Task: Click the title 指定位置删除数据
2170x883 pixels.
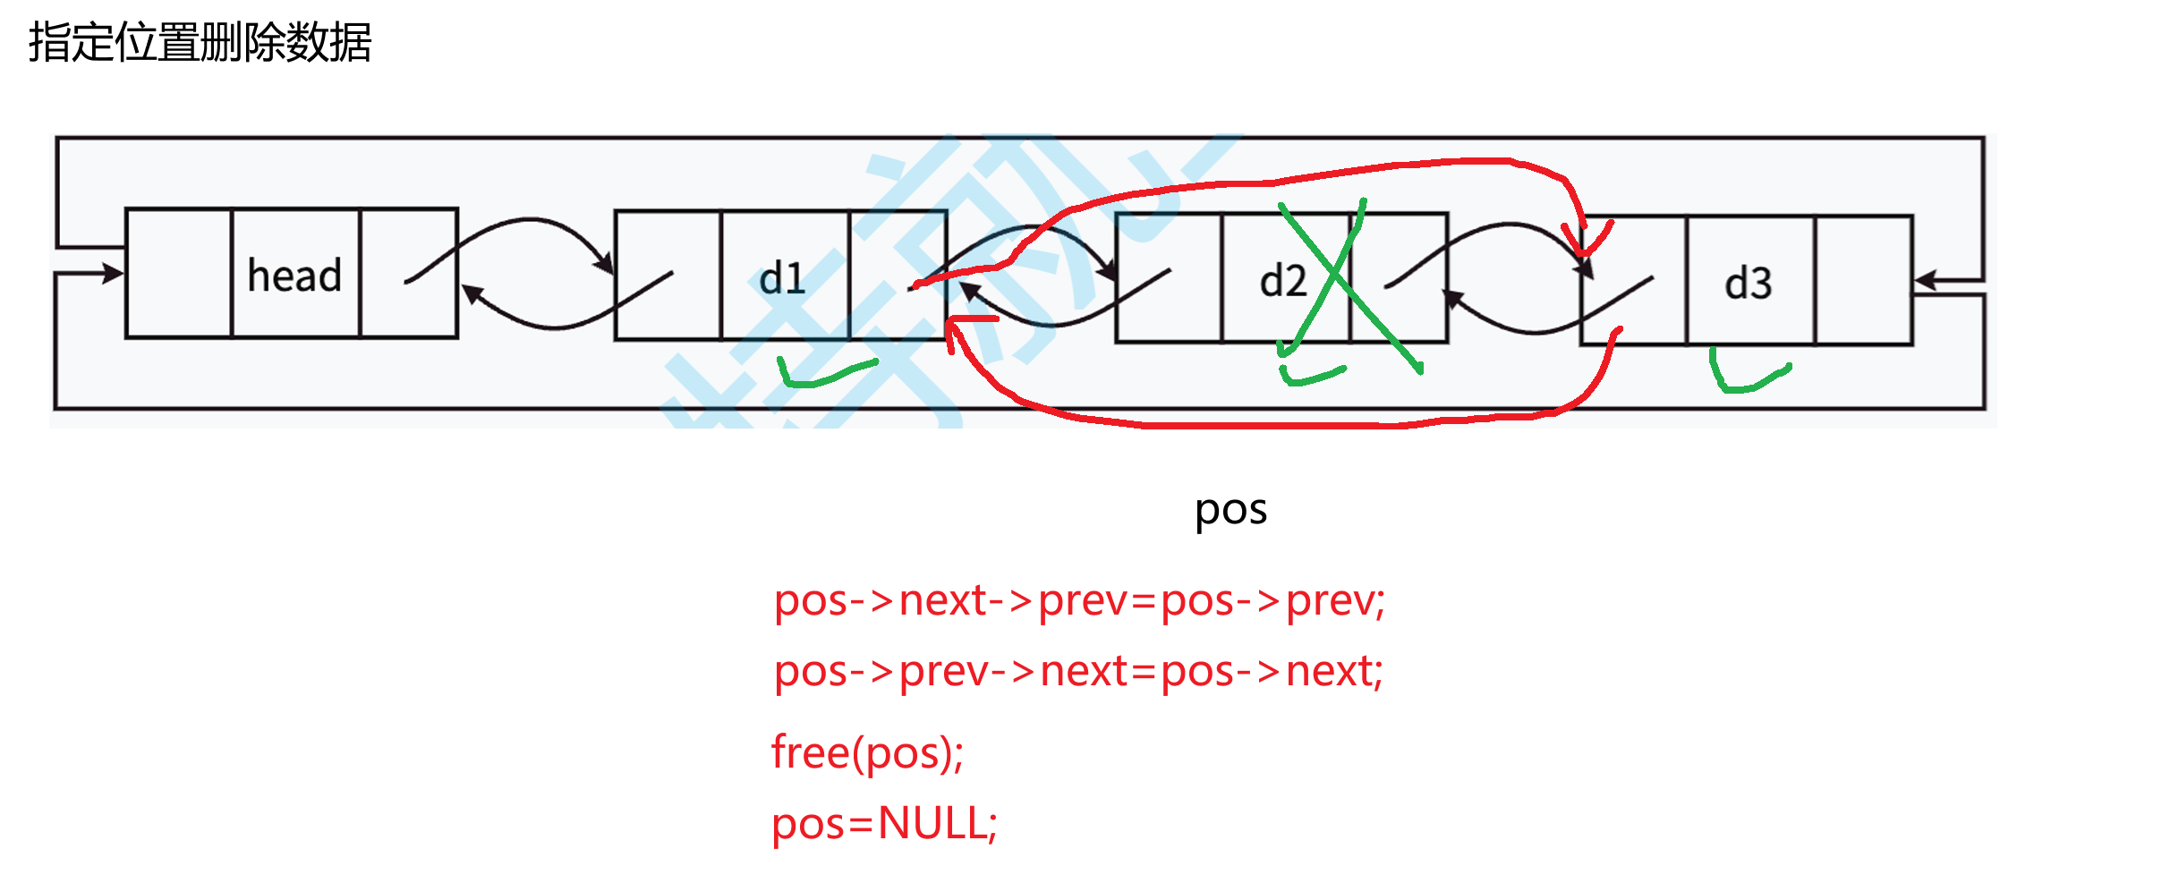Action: [x=200, y=42]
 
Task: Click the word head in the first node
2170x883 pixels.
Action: [x=294, y=276]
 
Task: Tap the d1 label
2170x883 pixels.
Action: [x=782, y=278]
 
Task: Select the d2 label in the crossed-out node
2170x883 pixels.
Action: [x=1282, y=281]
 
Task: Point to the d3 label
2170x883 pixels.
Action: [x=1748, y=284]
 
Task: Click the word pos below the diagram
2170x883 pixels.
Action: [x=1230, y=510]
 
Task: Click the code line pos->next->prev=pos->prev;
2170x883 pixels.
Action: [x=1079, y=600]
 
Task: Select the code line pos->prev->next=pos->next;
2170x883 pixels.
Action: [x=1078, y=672]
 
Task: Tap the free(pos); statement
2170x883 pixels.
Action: [x=867, y=752]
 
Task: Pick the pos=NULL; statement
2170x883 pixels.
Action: [x=884, y=823]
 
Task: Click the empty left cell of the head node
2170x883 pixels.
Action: [x=179, y=273]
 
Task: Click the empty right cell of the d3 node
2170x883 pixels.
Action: [x=1863, y=280]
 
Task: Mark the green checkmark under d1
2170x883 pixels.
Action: [x=823, y=374]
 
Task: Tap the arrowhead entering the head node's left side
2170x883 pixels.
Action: [x=114, y=273]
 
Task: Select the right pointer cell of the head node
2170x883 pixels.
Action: [x=408, y=273]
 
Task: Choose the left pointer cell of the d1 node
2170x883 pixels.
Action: [x=668, y=276]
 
